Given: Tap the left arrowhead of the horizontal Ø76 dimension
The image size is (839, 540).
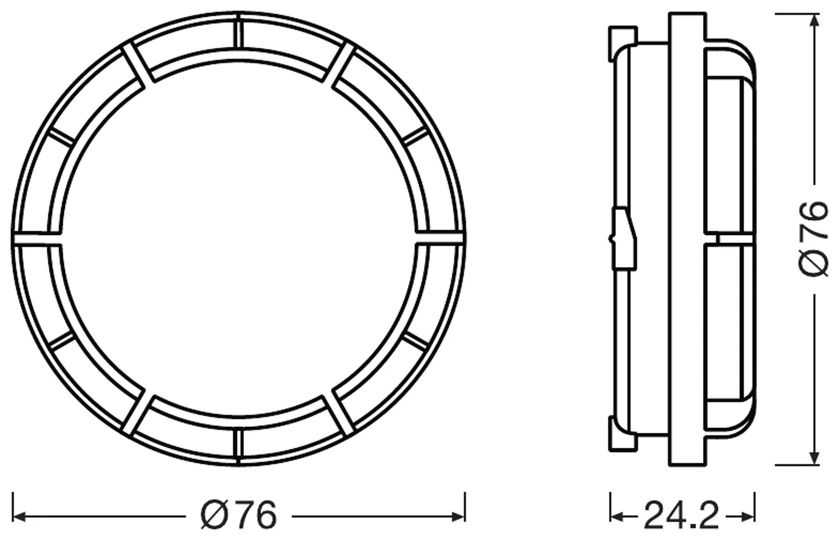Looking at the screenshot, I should click(x=19, y=516).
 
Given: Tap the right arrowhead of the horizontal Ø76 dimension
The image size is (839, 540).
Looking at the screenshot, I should click(x=458, y=516).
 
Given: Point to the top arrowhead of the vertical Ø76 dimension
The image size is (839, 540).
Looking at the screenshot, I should click(x=815, y=21).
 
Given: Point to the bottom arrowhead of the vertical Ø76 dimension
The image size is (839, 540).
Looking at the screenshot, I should click(x=815, y=457).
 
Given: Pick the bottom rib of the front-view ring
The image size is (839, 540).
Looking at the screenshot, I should click(x=239, y=447).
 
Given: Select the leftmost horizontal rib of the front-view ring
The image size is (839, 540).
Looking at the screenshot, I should click(x=37, y=238).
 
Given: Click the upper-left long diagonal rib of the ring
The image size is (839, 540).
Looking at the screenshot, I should click(x=134, y=64).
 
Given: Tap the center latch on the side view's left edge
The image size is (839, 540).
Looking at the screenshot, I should click(x=624, y=239).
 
